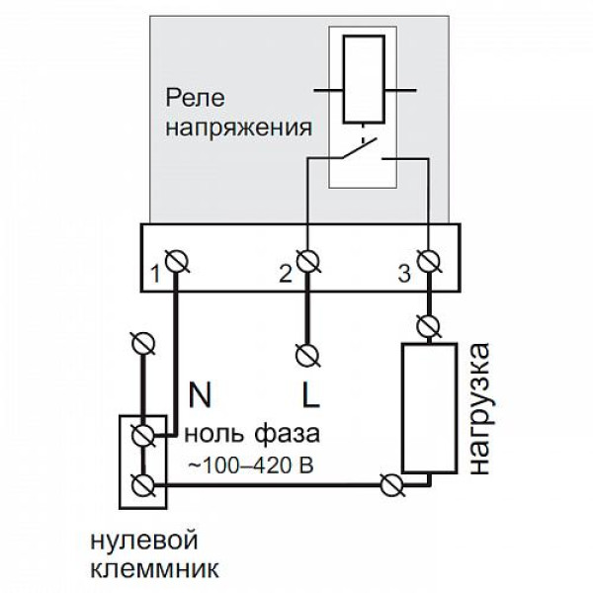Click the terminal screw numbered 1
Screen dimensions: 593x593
click(x=179, y=261)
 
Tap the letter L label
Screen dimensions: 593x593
click(x=309, y=397)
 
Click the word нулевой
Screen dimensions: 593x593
click(x=144, y=541)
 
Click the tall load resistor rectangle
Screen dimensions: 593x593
click(x=428, y=405)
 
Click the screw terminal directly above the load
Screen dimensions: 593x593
click(x=429, y=323)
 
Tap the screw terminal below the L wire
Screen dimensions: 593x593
click(x=309, y=352)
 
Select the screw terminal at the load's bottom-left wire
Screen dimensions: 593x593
click(x=391, y=484)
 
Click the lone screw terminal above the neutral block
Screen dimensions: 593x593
click(x=146, y=343)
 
